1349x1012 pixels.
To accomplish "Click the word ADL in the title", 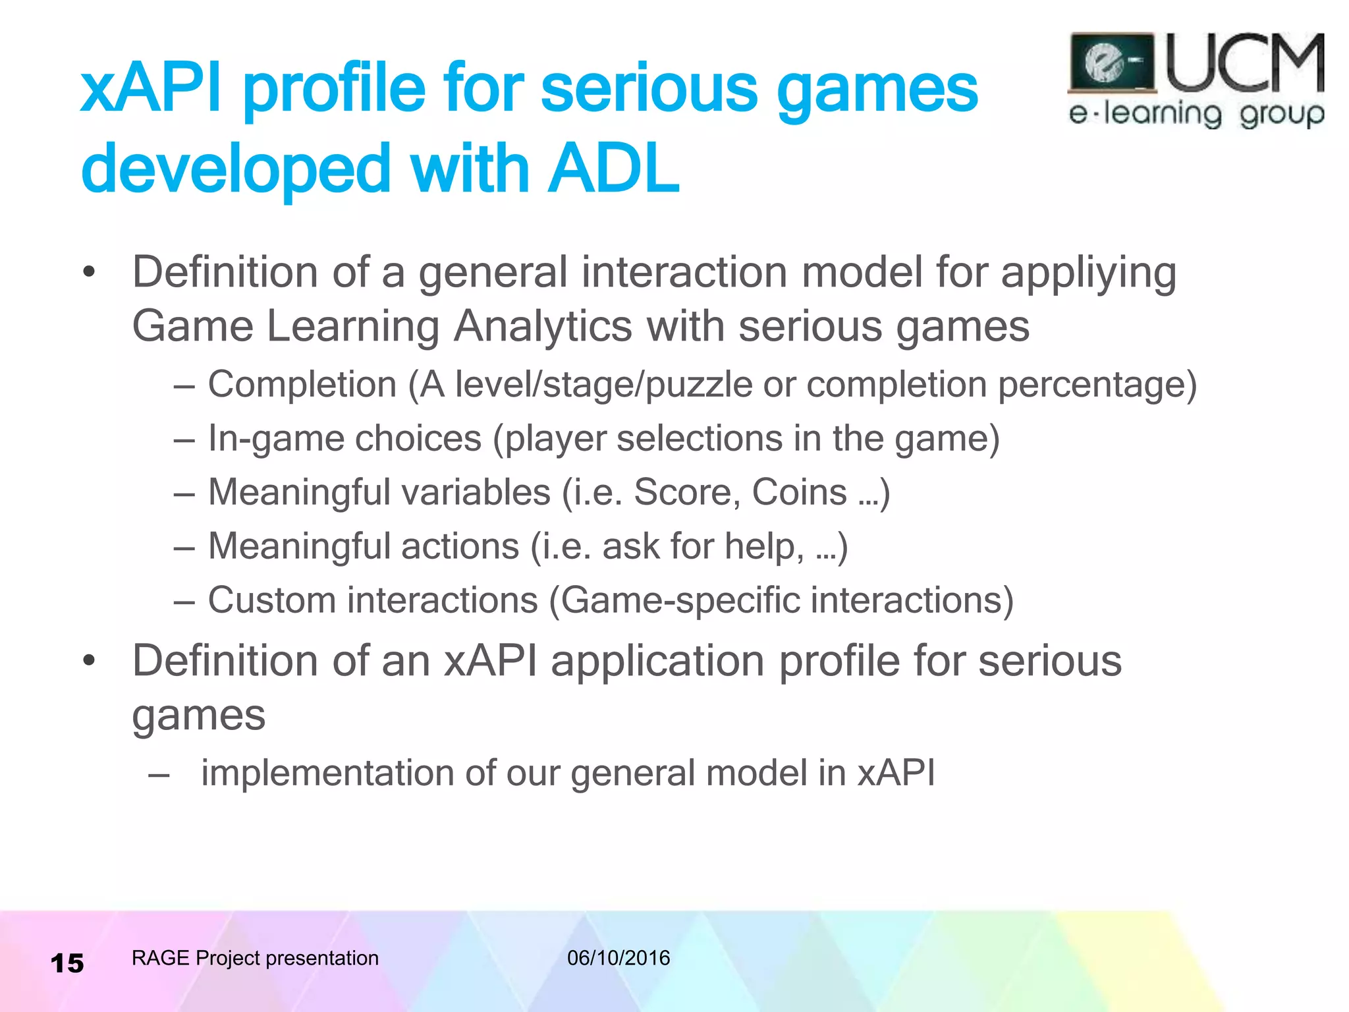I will (x=614, y=169).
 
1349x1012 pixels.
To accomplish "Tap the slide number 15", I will (x=67, y=963).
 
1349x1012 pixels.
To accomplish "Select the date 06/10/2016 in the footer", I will (x=619, y=957).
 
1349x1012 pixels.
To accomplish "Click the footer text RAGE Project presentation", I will (x=255, y=957).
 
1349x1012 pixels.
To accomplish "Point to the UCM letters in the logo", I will (x=1245, y=64).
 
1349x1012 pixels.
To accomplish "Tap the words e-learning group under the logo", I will (x=1196, y=114).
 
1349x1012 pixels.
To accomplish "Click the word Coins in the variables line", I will (x=799, y=492).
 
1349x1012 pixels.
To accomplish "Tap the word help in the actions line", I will (x=763, y=547).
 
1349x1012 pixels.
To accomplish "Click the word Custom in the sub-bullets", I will (x=272, y=600).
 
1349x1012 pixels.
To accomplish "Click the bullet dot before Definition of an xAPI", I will (x=90, y=661).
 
